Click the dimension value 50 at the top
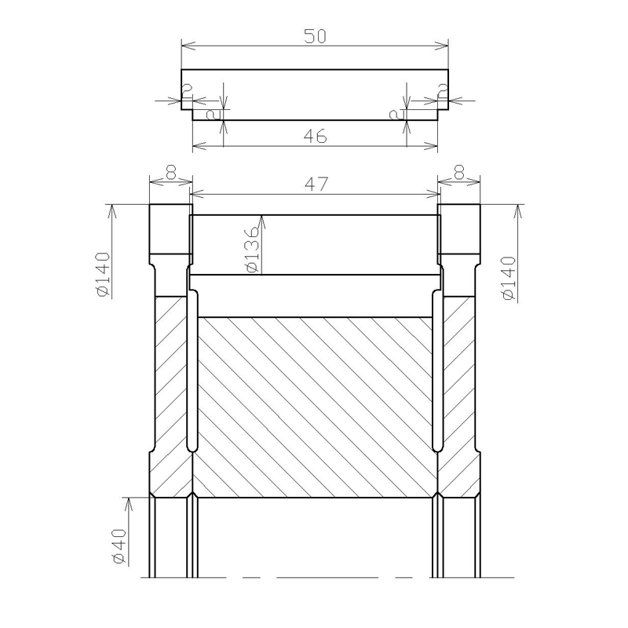pyautogui.click(x=316, y=36)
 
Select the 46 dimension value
pyautogui.click(x=316, y=137)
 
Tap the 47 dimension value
pyautogui.click(x=316, y=184)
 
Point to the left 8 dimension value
pyautogui.click(x=171, y=173)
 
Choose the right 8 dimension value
pyautogui.click(x=459, y=173)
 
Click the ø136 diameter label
pyautogui.click(x=253, y=250)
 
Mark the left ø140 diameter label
pyautogui.click(x=104, y=275)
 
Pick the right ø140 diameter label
pyautogui.click(x=509, y=279)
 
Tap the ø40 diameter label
pyautogui.click(x=120, y=546)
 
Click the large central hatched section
pyautogui.click(x=316, y=407)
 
